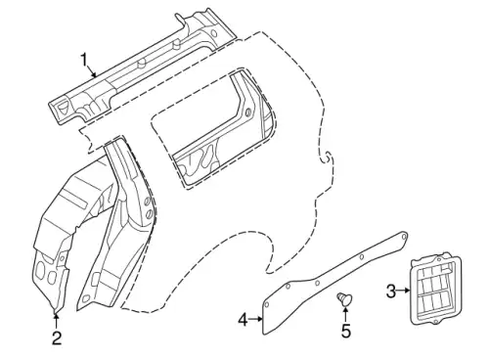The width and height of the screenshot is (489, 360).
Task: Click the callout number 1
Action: (x=84, y=60)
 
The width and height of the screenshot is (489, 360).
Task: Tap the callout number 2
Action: (x=57, y=338)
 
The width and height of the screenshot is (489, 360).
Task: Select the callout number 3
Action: (x=391, y=292)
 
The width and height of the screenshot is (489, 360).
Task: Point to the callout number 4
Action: (x=244, y=320)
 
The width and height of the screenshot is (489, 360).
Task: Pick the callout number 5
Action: (x=346, y=331)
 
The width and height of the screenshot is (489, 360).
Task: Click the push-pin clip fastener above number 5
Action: (x=344, y=298)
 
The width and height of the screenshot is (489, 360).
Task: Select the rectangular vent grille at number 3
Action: (x=436, y=288)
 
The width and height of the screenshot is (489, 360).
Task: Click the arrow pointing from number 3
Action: (x=403, y=290)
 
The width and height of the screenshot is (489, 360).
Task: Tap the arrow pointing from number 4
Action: (x=256, y=319)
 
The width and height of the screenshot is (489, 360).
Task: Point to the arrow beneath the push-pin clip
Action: (x=345, y=314)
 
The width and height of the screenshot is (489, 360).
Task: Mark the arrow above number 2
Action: (x=57, y=322)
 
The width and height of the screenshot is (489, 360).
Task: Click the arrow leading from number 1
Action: (x=92, y=70)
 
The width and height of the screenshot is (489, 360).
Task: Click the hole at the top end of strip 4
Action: (x=404, y=236)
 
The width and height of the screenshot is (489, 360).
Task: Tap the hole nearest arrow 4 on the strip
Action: (x=266, y=305)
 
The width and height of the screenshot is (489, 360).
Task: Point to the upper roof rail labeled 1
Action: (x=144, y=70)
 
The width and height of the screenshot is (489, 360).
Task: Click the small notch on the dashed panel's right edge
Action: (x=327, y=157)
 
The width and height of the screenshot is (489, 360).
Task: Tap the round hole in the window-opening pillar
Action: (x=248, y=112)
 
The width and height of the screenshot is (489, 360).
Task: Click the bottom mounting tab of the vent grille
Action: (x=436, y=322)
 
